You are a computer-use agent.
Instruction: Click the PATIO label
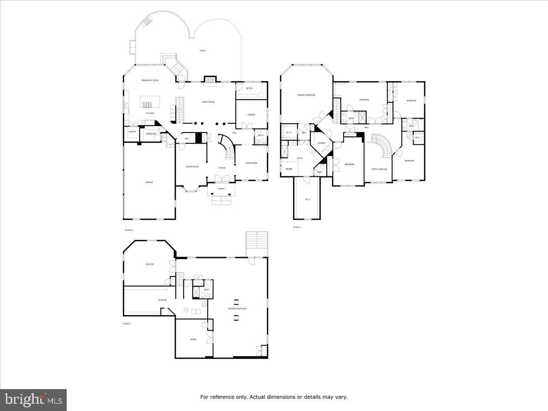(x=202, y=51)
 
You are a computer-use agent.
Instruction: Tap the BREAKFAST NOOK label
(x=150, y=80)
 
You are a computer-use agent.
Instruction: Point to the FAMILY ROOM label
(x=208, y=102)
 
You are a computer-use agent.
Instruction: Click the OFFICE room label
(x=249, y=88)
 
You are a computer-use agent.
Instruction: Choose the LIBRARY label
(x=251, y=115)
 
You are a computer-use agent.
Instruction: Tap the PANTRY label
(x=132, y=132)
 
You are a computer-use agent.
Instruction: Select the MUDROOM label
(x=151, y=134)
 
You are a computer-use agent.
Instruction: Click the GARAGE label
(x=149, y=182)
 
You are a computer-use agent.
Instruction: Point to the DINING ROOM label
(x=192, y=167)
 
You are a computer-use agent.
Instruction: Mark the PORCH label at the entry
(x=221, y=189)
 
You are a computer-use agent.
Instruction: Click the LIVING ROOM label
(x=251, y=163)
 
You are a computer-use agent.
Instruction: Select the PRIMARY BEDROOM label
(x=306, y=95)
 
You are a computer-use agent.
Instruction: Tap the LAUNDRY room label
(x=321, y=143)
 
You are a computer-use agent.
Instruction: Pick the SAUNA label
(x=289, y=169)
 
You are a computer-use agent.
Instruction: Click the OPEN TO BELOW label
(x=379, y=169)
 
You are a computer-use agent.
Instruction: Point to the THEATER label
(x=149, y=264)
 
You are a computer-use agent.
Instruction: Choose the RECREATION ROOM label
(x=237, y=309)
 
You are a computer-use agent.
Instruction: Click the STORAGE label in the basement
(x=149, y=300)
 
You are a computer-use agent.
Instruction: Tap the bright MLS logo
(x=33, y=400)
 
